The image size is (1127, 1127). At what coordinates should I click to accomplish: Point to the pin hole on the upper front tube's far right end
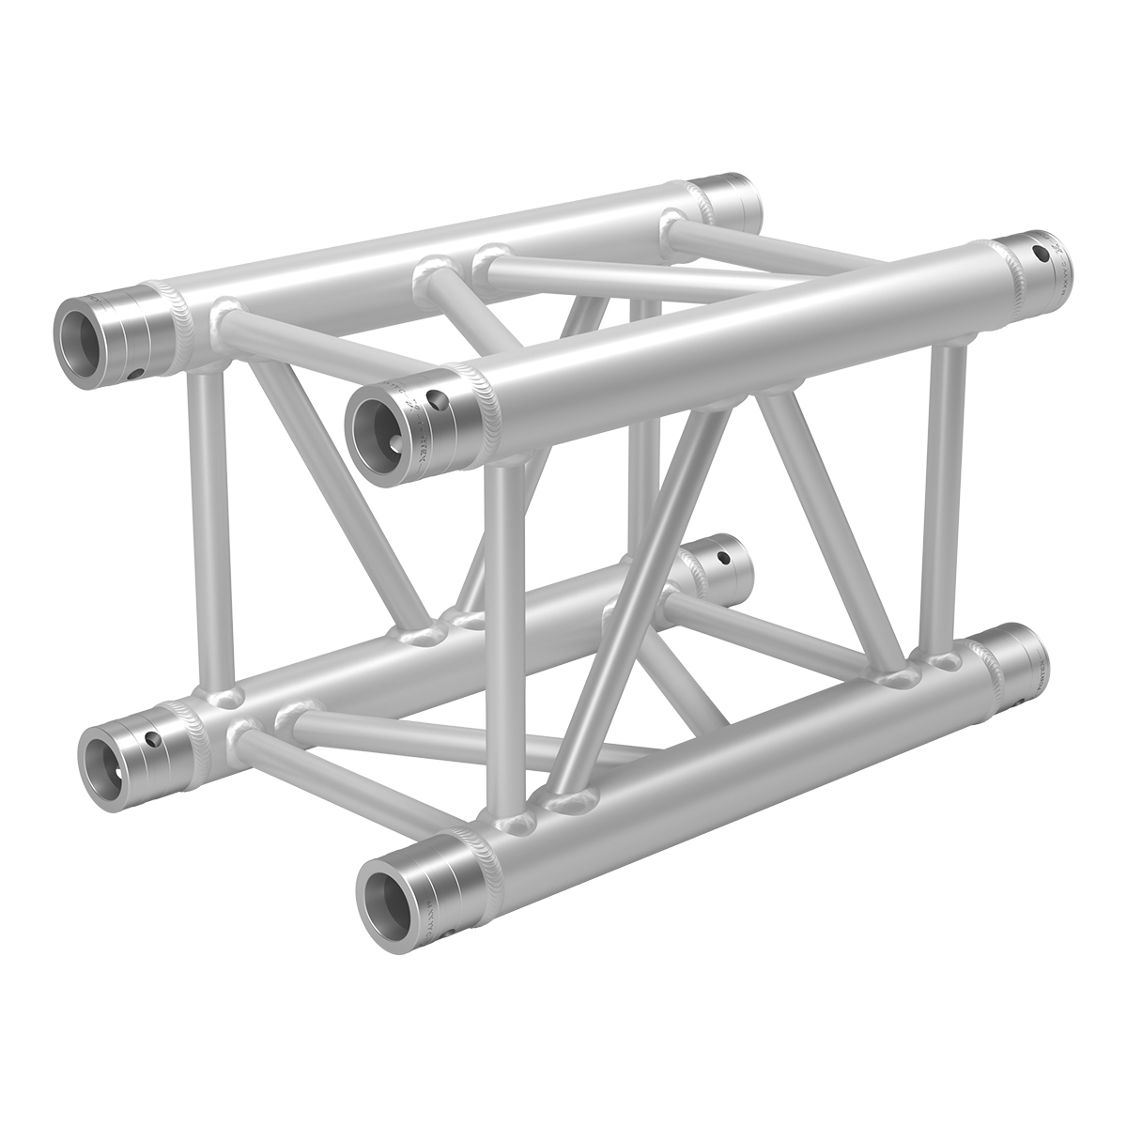tap(1039, 253)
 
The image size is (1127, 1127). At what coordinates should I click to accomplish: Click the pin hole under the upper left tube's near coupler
tap(138, 374)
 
